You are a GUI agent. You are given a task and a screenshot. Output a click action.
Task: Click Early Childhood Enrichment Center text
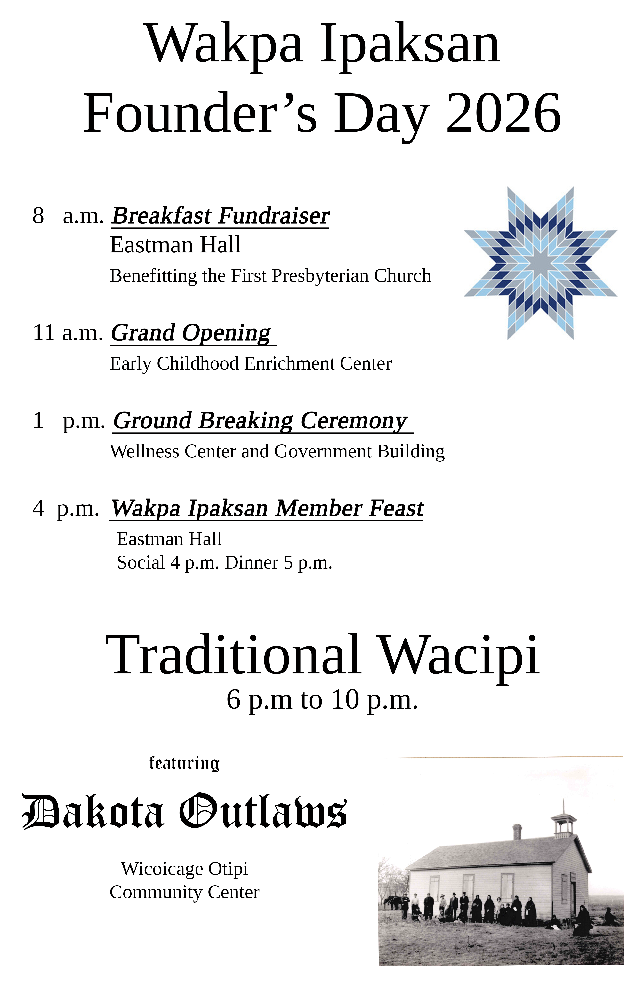pyautogui.click(x=251, y=364)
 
